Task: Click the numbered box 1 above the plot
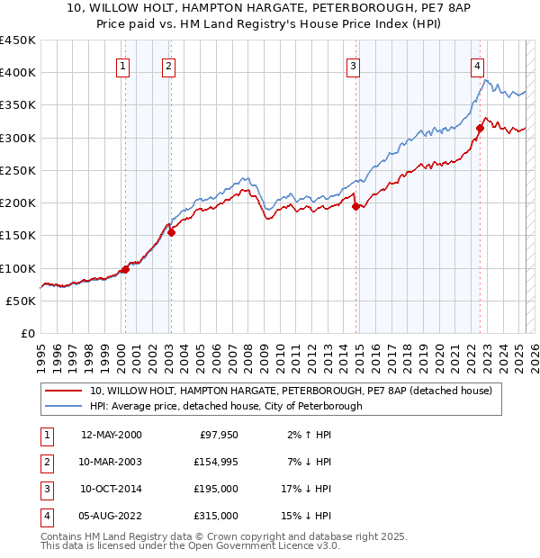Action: click(121, 65)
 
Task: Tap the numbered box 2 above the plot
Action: click(168, 65)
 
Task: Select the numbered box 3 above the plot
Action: click(354, 65)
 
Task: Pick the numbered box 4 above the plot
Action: click(477, 65)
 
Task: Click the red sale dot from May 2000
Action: click(126, 269)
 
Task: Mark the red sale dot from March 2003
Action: click(171, 232)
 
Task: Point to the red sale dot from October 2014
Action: click(355, 206)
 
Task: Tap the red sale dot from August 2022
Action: click(480, 128)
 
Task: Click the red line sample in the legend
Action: click(64, 391)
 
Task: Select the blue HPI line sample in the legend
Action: click(64, 406)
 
